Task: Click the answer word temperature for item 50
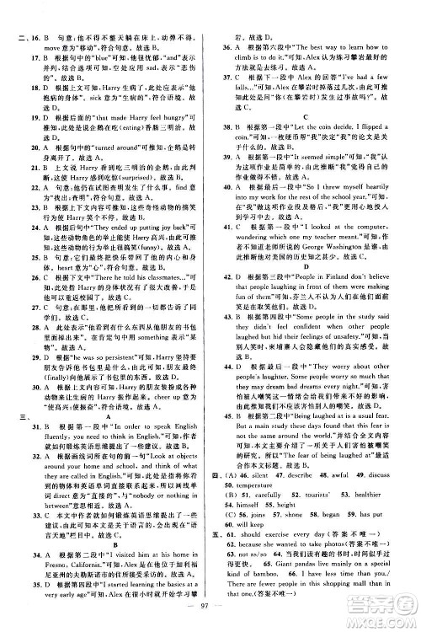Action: click(260, 510)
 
